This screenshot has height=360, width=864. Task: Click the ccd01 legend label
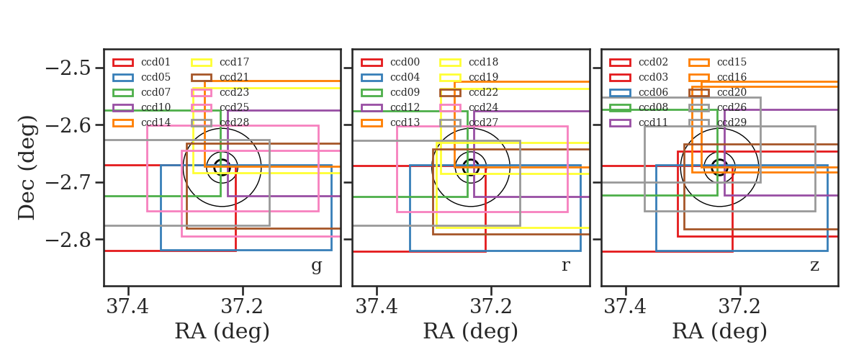coord(156,62)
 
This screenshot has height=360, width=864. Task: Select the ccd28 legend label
coord(234,122)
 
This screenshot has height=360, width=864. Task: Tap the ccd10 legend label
coord(156,107)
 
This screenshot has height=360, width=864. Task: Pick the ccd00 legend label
coord(405,62)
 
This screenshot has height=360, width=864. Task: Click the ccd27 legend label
coord(483,122)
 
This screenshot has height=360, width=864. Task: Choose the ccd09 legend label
coord(405,92)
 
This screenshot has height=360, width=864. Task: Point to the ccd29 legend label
coord(732,122)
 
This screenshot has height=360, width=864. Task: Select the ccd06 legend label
coord(653,92)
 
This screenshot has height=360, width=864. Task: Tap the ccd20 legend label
coord(732,92)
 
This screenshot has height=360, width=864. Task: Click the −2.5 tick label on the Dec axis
coord(68,68)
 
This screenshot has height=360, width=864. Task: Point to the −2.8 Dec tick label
coord(68,240)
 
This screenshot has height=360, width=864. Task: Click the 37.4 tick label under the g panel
coord(127,307)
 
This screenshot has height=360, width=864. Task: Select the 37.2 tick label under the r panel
coord(490,307)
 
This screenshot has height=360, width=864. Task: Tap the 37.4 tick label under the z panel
coord(625,307)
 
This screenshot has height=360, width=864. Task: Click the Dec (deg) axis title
coord(27,168)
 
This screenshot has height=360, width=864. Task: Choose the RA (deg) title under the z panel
coord(720,331)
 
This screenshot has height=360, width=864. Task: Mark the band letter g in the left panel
coord(316,266)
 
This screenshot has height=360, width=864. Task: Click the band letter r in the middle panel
coord(565,266)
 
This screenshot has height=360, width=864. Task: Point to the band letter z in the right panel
coord(814,266)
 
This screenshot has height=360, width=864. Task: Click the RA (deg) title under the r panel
coord(471,331)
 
